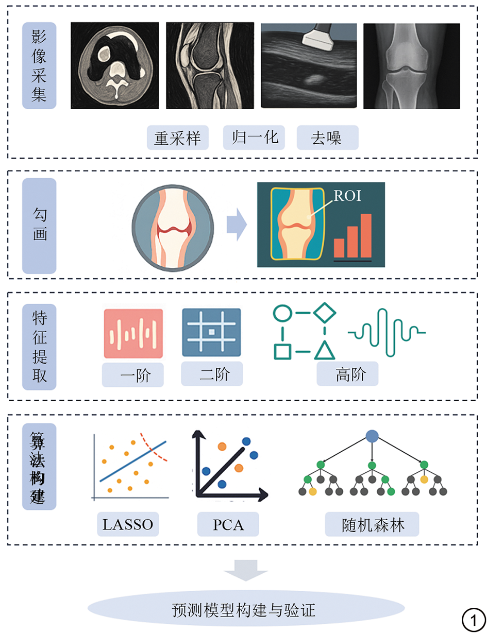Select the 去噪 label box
pos(327,138)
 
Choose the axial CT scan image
pos(114,65)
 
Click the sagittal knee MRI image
pos(210,65)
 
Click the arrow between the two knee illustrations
pos(237,225)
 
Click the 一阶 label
pos(133,375)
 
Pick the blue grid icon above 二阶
pos(211,332)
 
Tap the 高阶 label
pos(347,374)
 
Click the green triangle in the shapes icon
pos(325,350)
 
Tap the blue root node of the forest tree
pos(372,437)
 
